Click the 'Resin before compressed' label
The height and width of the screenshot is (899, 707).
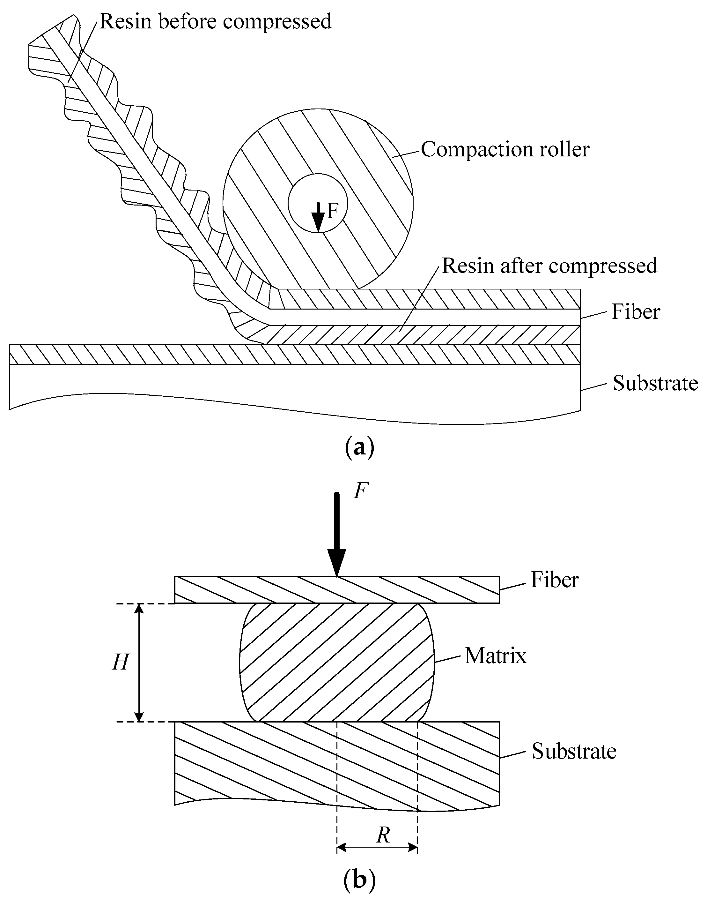(x=215, y=22)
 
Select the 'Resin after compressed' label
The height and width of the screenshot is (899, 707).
(x=549, y=266)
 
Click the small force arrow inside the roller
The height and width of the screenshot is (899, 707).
(x=318, y=217)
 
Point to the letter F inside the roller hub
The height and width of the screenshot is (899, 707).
(x=332, y=212)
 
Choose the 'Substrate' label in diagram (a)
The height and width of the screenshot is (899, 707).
(x=655, y=383)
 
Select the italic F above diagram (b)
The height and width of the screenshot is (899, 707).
(x=361, y=492)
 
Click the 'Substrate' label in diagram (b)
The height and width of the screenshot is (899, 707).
(x=574, y=751)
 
